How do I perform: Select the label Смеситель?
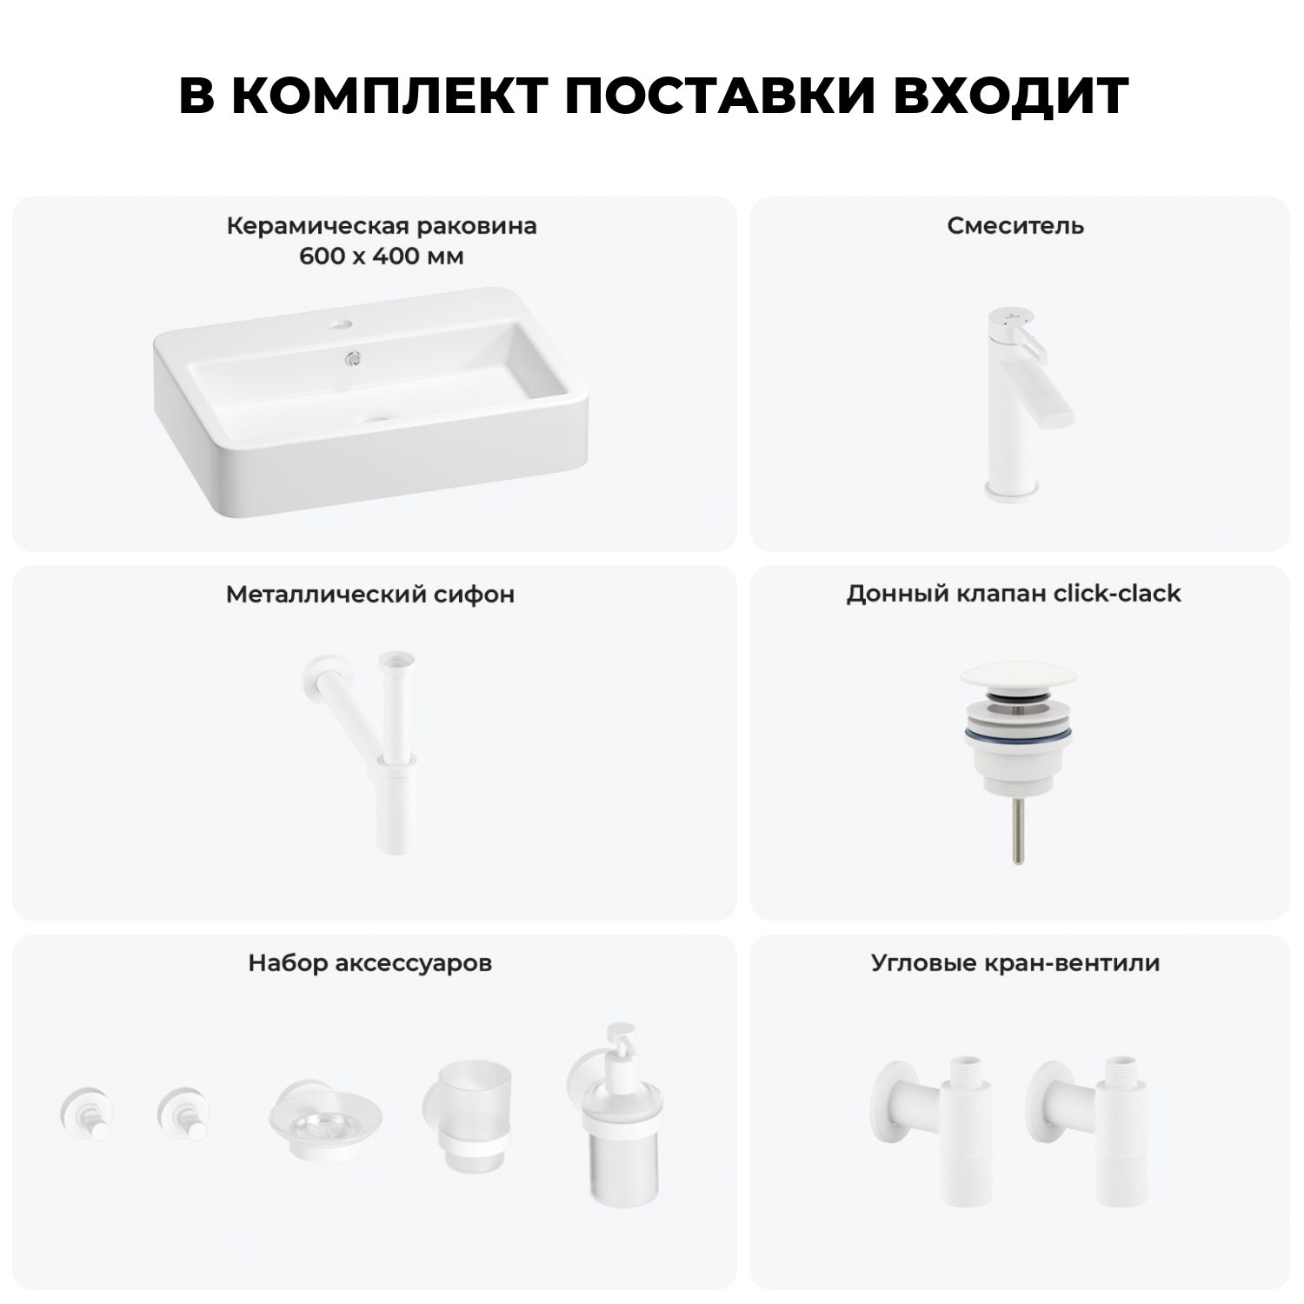pos(1015,226)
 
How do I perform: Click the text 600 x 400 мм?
pos(382,256)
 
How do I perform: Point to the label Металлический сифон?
pos(370,594)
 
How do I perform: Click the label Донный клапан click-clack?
pos(1014,594)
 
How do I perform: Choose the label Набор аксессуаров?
pos(370,963)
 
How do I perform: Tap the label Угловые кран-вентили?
pos(1015,963)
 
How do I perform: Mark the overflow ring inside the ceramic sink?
pos(353,356)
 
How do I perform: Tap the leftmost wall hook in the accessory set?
pos(83,1114)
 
